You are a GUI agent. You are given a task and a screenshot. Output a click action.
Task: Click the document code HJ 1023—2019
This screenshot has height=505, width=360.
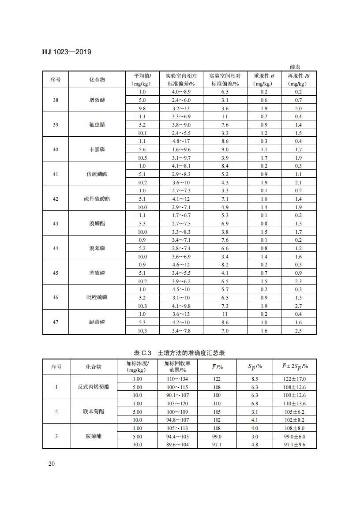point(67,52)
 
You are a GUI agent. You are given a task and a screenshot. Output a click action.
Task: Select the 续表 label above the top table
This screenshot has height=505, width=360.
point(295,67)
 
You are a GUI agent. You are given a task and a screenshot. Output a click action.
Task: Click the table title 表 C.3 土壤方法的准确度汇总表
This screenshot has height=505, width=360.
point(180,353)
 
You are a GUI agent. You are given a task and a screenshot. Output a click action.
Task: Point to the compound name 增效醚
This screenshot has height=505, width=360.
point(97,100)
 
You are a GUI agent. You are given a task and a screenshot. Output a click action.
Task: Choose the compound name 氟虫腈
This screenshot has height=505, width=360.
point(97,125)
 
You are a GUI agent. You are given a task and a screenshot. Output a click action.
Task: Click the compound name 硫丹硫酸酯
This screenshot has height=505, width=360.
point(97,199)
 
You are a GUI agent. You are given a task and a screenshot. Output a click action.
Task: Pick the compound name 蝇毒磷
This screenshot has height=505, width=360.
point(97,322)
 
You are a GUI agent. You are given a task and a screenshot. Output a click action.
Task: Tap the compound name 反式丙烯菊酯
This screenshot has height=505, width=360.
point(94,387)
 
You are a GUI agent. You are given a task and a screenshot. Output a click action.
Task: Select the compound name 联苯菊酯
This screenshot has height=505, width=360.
point(94,411)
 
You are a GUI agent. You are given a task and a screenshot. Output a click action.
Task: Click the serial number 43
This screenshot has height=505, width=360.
point(56,224)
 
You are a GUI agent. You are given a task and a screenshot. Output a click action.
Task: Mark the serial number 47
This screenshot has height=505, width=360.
point(56,322)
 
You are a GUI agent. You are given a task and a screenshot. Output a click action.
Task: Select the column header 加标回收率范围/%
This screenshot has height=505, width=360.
point(177,367)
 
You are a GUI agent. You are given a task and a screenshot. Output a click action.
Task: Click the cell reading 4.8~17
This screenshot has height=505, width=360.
point(180,142)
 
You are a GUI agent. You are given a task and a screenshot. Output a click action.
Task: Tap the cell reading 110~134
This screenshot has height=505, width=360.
point(177,379)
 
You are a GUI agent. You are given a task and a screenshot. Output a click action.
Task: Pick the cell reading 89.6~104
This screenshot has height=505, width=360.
point(177,445)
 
